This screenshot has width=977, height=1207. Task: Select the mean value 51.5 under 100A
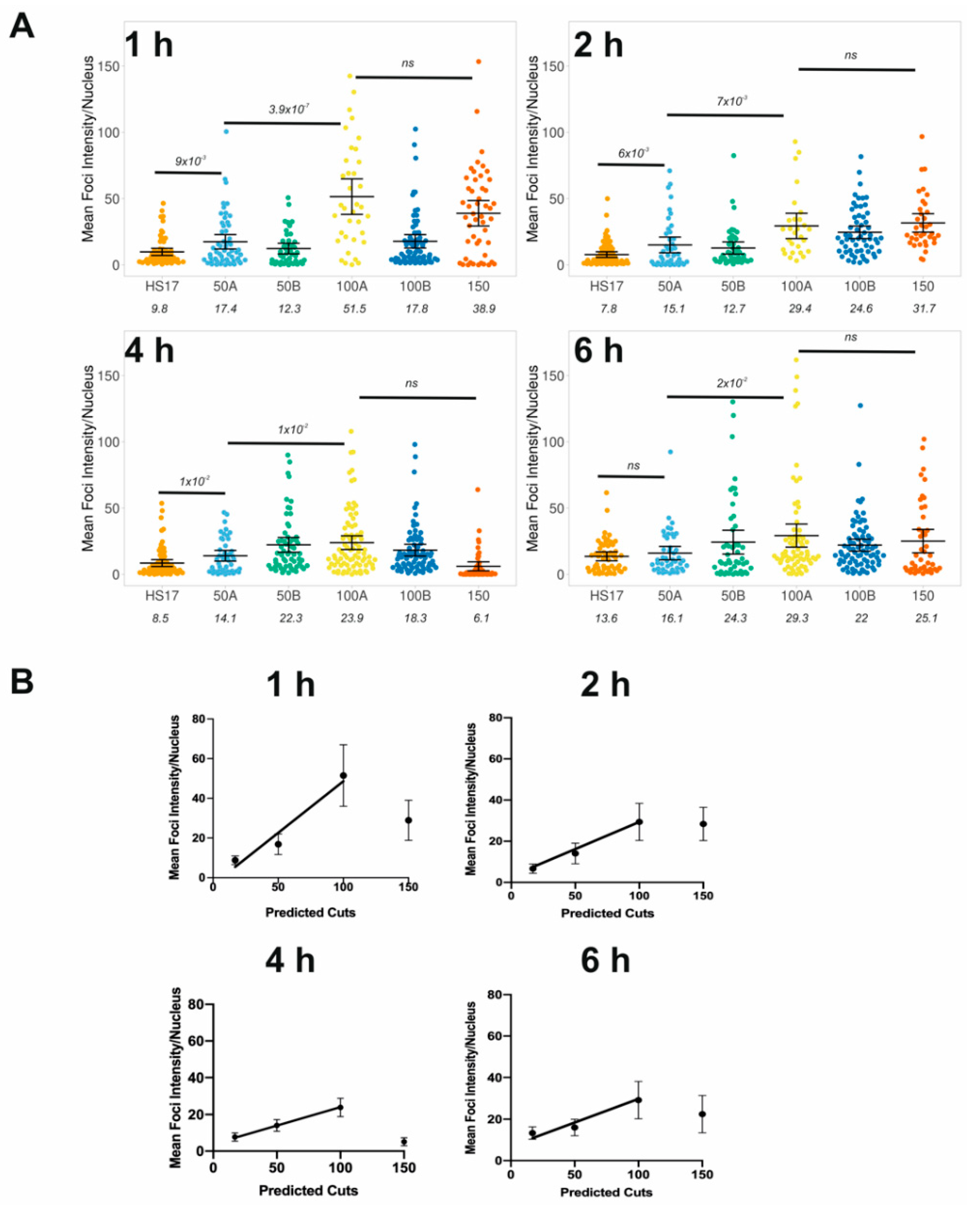coord(354,309)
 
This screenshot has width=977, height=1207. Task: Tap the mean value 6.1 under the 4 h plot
coord(481,618)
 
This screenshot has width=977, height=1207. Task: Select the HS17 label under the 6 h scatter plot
coord(606,596)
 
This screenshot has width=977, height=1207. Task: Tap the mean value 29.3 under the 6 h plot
coord(797,618)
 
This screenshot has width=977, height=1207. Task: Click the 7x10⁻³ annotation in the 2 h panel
coord(732,101)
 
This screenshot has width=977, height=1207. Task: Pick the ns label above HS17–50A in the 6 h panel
coord(633,466)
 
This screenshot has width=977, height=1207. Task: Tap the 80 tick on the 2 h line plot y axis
coord(496,718)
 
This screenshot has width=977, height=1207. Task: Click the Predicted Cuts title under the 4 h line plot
coord(308,1190)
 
